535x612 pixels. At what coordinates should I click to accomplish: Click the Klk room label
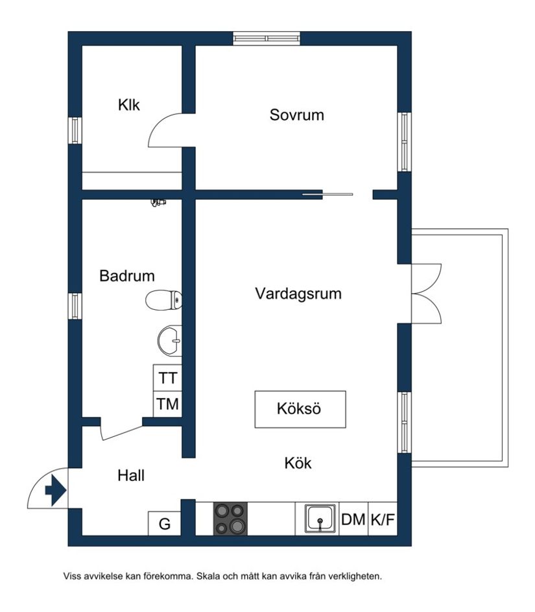coord(129,104)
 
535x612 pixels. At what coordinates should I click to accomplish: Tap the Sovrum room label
coord(296,115)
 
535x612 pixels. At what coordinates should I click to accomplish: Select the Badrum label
coord(127,276)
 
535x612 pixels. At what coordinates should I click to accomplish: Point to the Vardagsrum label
coord(298,294)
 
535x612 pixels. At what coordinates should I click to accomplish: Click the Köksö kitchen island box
coord(300,409)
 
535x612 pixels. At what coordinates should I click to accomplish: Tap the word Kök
coord(298,463)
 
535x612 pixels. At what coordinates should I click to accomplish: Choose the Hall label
coord(131,475)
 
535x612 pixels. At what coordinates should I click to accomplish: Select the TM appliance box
coord(168,405)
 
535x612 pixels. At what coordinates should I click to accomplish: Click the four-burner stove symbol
coord(230,519)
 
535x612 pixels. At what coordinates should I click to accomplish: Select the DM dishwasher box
coord(353,519)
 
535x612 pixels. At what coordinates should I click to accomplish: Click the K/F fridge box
coord(383,519)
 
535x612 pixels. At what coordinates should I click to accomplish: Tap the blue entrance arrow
coord(54,489)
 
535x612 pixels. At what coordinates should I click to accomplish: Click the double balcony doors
coord(425,293)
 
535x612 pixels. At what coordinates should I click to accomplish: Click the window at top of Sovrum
coord(267,38)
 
